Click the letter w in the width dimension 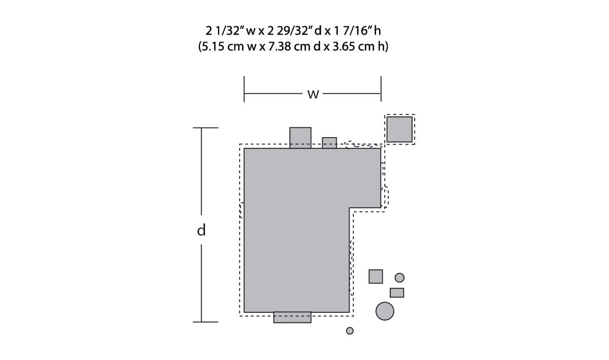[x=313, y=94]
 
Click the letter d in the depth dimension [x=201, y=230]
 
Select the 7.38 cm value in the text [x=289, y=47]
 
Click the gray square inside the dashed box [x=399, y=129]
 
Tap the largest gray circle [x=385, y=311]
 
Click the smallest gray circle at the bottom [x=350, y=331]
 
